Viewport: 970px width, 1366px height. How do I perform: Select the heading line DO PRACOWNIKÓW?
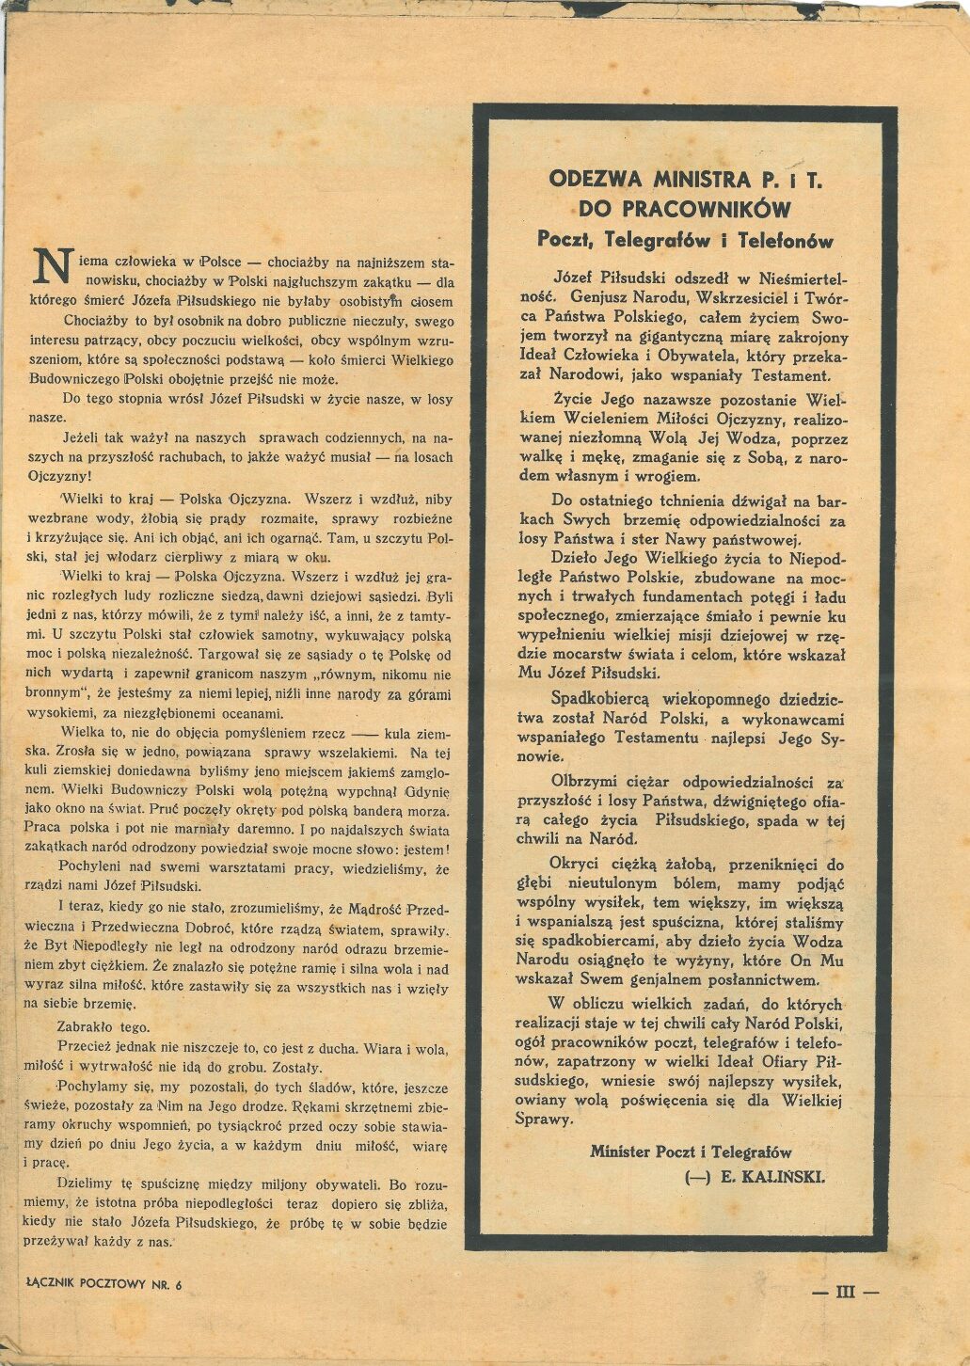(x=684, y=208)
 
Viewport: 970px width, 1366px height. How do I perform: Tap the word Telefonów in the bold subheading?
(x=787, y=240)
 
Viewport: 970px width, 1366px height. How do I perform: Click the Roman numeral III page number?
(x=845, y=1293)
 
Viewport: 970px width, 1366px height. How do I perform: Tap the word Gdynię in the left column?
(x=428, y=791)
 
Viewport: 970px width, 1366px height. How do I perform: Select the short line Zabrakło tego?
(x=103, y=1026)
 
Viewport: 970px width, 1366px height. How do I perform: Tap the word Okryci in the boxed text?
(x=575, y=864)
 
